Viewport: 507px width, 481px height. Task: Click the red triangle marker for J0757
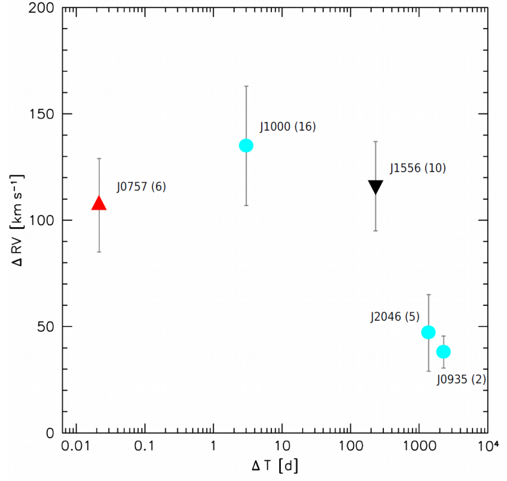pyautogui.click(x=99, y=203)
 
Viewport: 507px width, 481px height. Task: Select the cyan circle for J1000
pyautogui.click(x=246, y=146)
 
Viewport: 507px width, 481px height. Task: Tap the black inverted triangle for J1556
pyautogui.click(x=375, y=187)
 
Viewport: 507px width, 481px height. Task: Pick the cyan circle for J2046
pyautogui.click(x=428, y=332)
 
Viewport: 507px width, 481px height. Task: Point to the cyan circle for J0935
pyautogui.click(x=444, y=352)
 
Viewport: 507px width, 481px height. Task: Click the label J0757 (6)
pyautogui.click(x=141, y=187)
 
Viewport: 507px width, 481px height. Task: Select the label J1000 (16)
pyautogui.click(x=288, y=127)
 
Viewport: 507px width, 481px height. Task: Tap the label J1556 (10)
pyautogui.click(x=418, y=168)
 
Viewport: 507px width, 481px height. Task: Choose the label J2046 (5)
pyautogui.click(x=395, y=317)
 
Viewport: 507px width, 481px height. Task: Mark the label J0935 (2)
pyautogui.click(x=461, y=379)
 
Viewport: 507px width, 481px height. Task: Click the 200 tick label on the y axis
pyautogui.click(x=41, y=8)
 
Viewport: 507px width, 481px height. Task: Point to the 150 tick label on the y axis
pyautogui.click(x=42, y=114)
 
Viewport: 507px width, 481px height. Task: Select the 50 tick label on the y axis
pyautogui.click(x=45, y=327)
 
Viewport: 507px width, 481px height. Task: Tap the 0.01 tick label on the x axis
pyautogui.click(x=76, y=446)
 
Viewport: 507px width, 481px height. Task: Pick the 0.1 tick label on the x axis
pyautogui.click(x=145, y=446)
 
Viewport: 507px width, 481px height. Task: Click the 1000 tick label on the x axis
pyautogui.click(x=419, y=446)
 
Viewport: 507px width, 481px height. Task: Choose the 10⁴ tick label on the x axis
pyautogui.click(x=488, y=446)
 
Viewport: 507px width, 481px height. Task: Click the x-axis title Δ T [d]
pyautogui.click(x=275, y=466)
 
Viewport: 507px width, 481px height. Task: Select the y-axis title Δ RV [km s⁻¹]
pyautogui.click(x=17, y=220)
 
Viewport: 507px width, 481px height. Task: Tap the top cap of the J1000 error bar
pyautogui.click(x=246, y=86)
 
